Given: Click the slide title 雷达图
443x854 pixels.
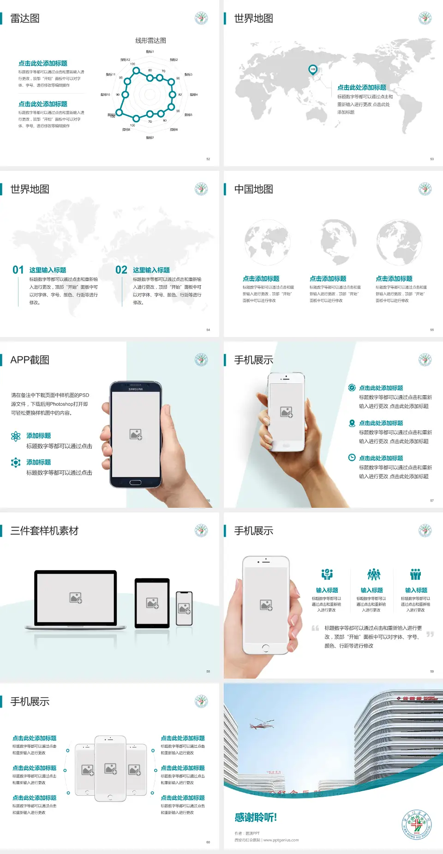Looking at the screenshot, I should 25,18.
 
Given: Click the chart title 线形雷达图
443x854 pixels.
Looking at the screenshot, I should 150,41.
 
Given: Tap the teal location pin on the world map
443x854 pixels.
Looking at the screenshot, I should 312,70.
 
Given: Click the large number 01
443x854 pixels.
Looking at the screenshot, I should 18,270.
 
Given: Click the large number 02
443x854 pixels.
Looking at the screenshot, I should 121,270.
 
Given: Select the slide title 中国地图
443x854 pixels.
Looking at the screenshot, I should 253,189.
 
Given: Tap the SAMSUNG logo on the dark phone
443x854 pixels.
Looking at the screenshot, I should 136,389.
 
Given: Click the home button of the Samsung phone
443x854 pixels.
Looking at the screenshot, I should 135,482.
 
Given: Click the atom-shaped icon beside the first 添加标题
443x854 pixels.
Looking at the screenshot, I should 16,436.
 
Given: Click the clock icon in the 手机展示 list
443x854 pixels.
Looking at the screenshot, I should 352,457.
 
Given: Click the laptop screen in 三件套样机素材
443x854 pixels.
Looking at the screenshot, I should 76,598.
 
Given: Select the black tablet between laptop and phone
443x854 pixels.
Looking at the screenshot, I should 152,602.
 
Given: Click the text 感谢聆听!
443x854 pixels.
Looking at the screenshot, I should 256,818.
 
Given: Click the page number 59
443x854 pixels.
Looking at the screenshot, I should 432,672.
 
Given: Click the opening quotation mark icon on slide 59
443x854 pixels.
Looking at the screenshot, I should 315,628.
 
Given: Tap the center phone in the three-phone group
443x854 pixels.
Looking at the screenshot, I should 110,768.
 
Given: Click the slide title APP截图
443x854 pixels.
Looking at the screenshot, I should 30,360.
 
